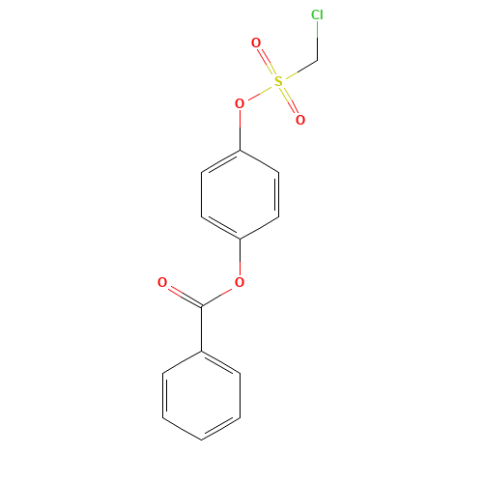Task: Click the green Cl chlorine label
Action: tap(317, 14)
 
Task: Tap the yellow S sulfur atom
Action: tap(278, 81)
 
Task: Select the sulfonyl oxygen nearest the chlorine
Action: tap(256, 43)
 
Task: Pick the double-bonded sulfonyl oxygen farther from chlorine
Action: tap(300, 120)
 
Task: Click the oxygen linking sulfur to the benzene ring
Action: tap(240, 103)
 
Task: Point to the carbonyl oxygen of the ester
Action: tap(162, 282)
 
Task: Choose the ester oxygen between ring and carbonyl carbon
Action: tap(240, 282)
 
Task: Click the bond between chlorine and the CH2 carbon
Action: tap(318, 41)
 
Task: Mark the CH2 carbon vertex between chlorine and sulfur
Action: tap(318, 60)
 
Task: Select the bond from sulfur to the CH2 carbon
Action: tap(301, 69)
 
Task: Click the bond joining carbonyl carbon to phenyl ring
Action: tap(202, 328)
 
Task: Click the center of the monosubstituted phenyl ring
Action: tap(202, 395)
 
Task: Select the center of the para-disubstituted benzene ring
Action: tap(240, 194)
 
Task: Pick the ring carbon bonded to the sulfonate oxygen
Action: tap(240, 150)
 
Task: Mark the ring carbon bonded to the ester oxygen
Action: tap(240, 239)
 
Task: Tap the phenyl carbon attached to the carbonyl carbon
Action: tap(202, 351)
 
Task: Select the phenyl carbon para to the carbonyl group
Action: tap(202, 440)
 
